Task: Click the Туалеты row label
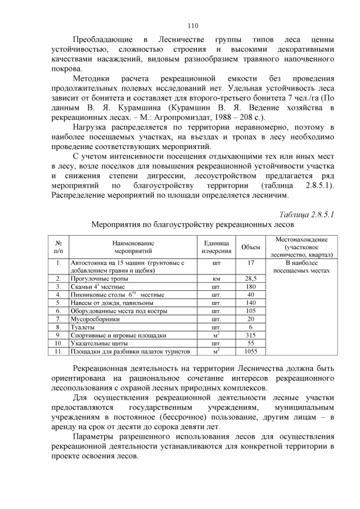click(82, 327)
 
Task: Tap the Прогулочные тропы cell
click(99, 278)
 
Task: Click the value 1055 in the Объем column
click(250, 351)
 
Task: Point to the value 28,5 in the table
click(250, 278)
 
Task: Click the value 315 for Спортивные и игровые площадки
click(250, 335)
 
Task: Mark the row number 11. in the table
click(58, 351)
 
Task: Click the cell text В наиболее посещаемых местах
click(301, 267)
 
